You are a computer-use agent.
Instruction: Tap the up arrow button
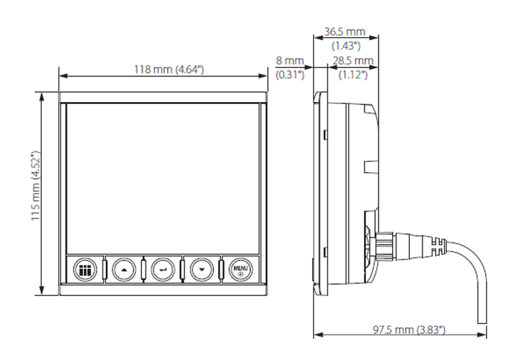coord(123,268)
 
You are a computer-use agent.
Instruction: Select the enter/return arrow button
coord(162,268)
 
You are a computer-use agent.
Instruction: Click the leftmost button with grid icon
coord(83,268)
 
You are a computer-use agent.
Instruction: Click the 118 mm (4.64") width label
coord(163,69)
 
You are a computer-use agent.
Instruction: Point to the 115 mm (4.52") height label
coord(37,190)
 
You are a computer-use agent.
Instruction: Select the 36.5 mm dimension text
coord(345,32)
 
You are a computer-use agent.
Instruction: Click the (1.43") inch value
coord(344,46)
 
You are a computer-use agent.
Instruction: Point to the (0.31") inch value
coord(290,75)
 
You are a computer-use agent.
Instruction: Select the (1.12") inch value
coord(352,75)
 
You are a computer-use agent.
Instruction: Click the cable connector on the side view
coord(386,245)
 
